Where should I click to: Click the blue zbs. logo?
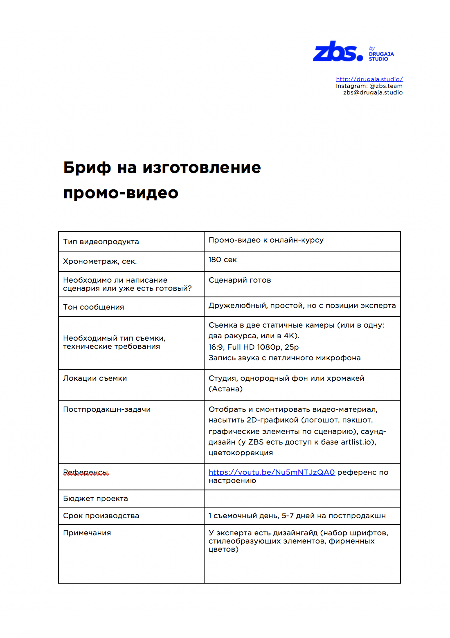[338, 52]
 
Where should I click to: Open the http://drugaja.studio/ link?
[369, 79]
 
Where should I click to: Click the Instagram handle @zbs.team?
[386, 86]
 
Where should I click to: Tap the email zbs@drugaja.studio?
[373, 92]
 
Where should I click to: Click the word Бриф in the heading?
[87, 168]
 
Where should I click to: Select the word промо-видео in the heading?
[121, 193]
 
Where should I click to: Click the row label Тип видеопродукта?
[101, 242]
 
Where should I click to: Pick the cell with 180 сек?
[223, 260]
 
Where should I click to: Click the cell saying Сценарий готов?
[240, 280]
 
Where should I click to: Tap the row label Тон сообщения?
[93, 307]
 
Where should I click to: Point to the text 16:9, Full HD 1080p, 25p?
[254, 347]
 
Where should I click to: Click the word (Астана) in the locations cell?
[225, 389]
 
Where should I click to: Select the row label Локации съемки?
[95, 378]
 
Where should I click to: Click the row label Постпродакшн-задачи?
[107, 409]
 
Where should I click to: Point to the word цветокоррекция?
[241, 453]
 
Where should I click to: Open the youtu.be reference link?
[272, 472]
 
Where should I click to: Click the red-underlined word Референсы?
[86, 472]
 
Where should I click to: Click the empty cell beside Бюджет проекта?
[302, 499]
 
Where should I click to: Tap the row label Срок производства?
[101, 516]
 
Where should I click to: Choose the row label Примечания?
[87, 533]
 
